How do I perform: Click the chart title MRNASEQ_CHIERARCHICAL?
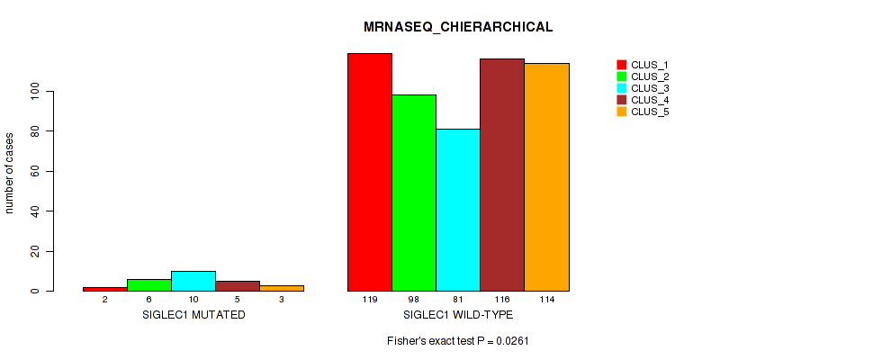[x=458, y=27]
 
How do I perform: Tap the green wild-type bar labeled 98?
[x=414, y=193]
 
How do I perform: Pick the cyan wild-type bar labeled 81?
[x=458, y=210]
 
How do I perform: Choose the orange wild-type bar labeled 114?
[x=546, y=177]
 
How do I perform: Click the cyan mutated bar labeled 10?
[x=193, y=281]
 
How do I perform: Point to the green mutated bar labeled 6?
[x=149, y=284]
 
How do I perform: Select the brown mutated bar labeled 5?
[x=238, y=285]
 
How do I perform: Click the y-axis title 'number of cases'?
[x=10, y=173]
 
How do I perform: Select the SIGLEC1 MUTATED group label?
[x=193, y=315]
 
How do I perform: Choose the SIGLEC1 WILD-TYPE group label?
[x=458, y=315]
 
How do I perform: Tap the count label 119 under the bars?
[x=370, y=299]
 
